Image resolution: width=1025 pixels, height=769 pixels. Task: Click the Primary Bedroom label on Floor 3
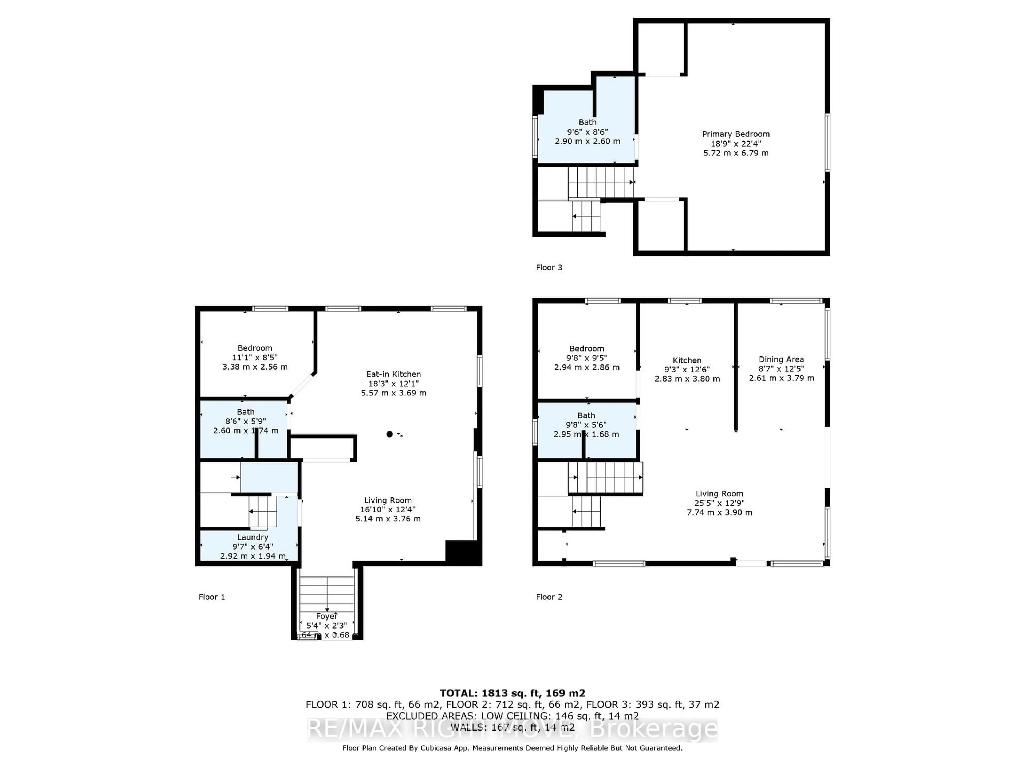pos(735,134)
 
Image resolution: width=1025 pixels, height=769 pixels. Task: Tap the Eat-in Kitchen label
pos(393,374)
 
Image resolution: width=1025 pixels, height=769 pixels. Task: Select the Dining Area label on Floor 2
pos(781,359)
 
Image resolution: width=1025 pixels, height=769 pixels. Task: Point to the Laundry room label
pos(253,537)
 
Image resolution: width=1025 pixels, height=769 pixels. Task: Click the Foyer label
pos(327,616)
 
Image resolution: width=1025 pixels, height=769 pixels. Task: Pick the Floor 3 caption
pos(549,268)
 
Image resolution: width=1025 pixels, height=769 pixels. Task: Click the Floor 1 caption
pos(212,597)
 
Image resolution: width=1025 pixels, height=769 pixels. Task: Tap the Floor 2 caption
pos(549,597)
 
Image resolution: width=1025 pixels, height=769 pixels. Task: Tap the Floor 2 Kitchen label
pos(687,360)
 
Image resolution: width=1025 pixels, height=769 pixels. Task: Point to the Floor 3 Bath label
pos(587,122)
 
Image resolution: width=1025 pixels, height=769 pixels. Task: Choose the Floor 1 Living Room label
pos(388,500)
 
